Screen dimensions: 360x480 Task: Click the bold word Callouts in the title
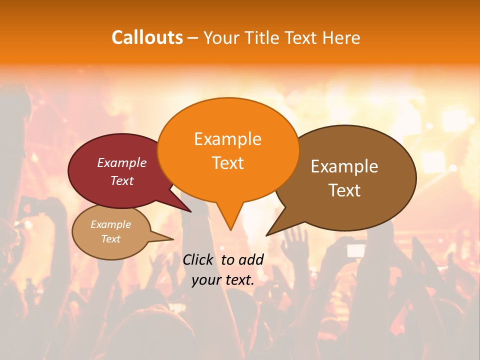pyautogui.click(x=147, y=37)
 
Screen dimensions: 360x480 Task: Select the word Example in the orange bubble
pyautogui.click(x=227, y=139)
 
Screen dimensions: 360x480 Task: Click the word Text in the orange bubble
pyautogui.click(x=227, y=163)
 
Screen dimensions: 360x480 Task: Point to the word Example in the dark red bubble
pyautogui.click(x=122, y=162)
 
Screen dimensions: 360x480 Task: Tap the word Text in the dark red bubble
pyautogui.click(x=122, y=180)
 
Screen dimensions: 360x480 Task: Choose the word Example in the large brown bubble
pyautogui.click(x=344, y=166)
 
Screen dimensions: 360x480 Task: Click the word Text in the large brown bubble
pyautogui.click(x=344, y=190)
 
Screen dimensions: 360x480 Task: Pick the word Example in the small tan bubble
pyautogui.click(x=110, y=224)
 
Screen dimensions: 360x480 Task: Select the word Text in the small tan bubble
pyautogui.click(x=110, y=239)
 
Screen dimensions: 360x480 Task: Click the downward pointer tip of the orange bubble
pyautogui.click(x=230, y=229)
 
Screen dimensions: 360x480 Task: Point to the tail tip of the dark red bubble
pyautogui.click(x=191, y=212)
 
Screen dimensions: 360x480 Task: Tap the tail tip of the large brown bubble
pyautogui.click(x=266, y=235)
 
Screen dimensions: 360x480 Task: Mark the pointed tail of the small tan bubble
pyautogui.click(x=172, y=239)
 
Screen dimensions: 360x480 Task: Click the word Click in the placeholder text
pyautogui.click(x=198, y=259)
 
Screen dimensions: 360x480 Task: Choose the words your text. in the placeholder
pyautogui.click(x=223, y=280)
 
